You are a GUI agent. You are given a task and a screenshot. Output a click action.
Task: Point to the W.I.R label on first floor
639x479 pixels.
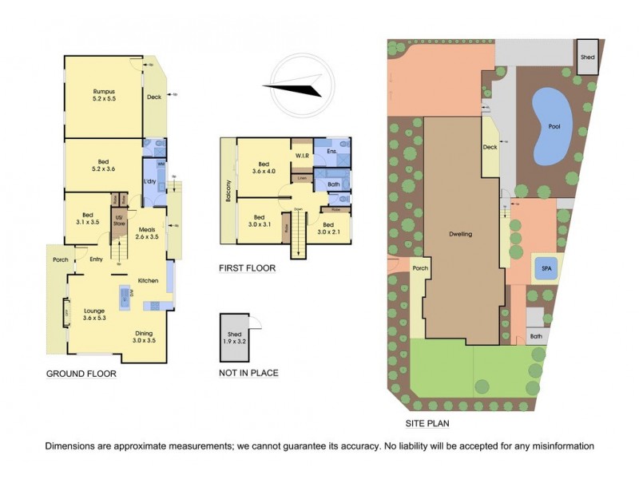pos(302,155)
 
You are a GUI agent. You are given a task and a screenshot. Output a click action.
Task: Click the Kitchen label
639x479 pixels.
pos(149,281)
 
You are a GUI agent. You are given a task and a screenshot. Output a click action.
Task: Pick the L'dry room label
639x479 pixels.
pos(149,181)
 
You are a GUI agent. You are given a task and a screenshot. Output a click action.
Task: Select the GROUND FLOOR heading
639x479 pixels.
pos(81,374)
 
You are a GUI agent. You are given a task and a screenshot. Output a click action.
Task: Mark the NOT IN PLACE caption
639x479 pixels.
pos(248,373)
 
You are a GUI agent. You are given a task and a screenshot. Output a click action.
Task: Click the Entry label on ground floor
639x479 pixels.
pos(97,259)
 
